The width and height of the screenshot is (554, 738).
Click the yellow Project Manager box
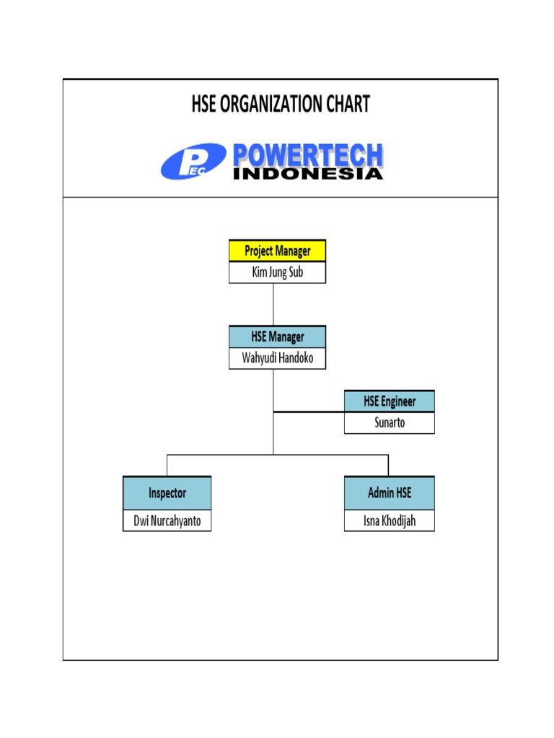click(x=278, y=251)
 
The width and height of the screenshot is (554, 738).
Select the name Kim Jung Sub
click(x=278, y=272)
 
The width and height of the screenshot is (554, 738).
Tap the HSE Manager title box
click(x=278, y=337)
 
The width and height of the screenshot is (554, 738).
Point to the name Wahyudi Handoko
click(x=278, y=358)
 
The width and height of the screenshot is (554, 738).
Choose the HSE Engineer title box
click(x=390, y=401)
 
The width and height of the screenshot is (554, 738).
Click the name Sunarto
click(x=390, y=423)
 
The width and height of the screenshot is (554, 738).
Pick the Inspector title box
click(x=167, y=493)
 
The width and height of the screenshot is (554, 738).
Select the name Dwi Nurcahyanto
click(x=167, y=520)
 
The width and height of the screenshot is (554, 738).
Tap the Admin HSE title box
click(x=390, y=493)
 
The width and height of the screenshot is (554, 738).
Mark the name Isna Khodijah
click(x=390, y=520)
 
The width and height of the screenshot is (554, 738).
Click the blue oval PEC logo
click(x=193, y=161)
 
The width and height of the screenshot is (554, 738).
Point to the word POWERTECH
click(x=307, y=156)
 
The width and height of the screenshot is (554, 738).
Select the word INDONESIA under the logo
click(x=307, y=174)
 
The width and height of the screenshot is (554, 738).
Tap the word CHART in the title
click(x=347, y=105)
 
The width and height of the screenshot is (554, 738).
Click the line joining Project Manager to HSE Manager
click(x=273, y=304)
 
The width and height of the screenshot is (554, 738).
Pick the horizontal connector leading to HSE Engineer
click(x=309, y=412)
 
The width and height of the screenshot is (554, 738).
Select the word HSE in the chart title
click(x=204, y=105)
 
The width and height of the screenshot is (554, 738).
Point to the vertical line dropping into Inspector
click(x=167, y=465)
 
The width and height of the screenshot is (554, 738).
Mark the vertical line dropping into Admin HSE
click(x=389, y=465)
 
